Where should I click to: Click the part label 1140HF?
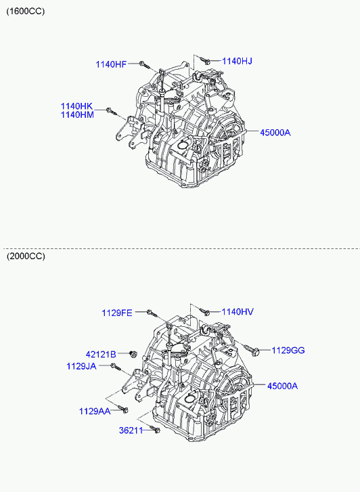[111, 65]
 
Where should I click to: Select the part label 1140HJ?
[237, 61]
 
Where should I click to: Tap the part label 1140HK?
[77, 106]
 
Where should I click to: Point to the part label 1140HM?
[77, 115]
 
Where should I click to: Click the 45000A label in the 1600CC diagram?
[275, 133]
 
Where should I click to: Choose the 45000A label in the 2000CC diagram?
[282, 386]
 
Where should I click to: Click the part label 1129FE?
[117, 313]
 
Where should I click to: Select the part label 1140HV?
[238, 312]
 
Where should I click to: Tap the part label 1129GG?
[288, 350]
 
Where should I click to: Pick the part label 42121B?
[101, 355]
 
